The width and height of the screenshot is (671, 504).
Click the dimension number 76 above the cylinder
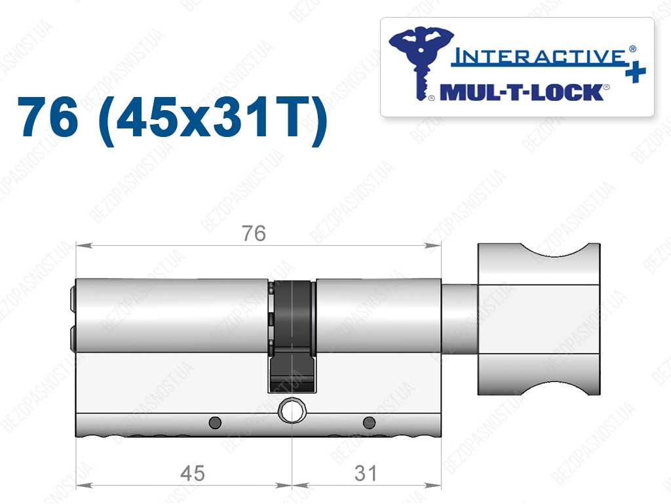254,233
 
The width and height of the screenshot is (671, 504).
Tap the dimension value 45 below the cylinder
193,474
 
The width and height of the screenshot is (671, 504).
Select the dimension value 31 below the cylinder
366,474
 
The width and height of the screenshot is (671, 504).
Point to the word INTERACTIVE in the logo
539,56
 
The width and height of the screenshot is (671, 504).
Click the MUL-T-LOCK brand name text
522,92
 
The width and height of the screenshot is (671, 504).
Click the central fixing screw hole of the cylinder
292,411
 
